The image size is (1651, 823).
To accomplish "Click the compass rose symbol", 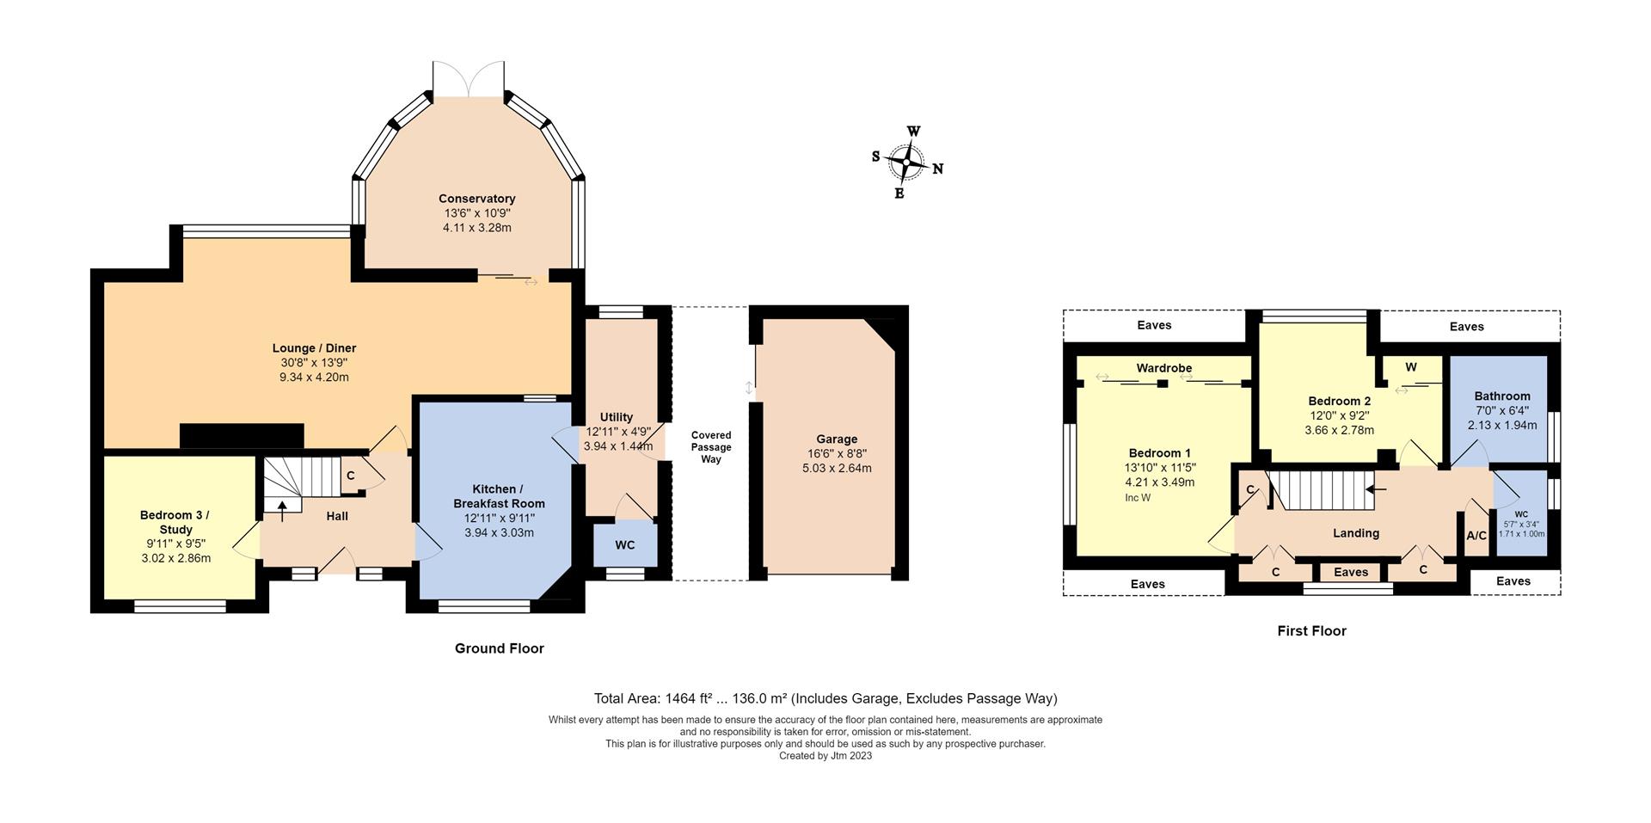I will click(906, 163).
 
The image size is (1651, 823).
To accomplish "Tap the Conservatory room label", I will click(476, 199).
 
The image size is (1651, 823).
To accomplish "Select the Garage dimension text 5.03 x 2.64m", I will click(836, 469).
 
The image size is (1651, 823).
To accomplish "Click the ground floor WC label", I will click(625, 545).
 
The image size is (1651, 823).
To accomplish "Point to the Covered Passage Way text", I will click(711, 447).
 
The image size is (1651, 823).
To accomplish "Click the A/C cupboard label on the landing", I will click(1476, 536).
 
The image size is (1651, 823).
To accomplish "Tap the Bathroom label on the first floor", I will click(1502, 396).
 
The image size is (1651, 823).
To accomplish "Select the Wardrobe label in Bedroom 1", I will click(1163, 368).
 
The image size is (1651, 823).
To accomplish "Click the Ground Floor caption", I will click(499, 648).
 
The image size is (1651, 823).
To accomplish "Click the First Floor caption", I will click(1311, 631).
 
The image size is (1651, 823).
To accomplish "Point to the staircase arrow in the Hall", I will click(282, 511).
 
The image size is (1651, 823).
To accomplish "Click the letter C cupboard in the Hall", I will click(351, 476).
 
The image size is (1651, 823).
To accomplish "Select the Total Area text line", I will click(825, 698).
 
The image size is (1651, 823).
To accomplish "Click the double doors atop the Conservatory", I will click(468, 79).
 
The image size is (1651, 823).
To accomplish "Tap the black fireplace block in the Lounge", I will click(242, 435).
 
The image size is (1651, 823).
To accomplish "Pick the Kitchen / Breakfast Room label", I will click(499, 496).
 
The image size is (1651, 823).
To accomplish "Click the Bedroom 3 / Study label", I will click(175, 522).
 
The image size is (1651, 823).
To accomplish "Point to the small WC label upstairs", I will click(1521, 514).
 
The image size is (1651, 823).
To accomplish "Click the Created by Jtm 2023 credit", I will click(825, 756).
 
